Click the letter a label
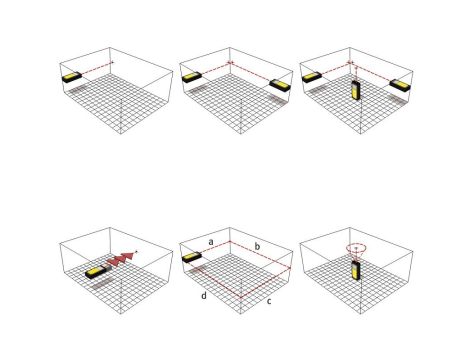click(x=211, y=242)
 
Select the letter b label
click(x=257, y=246)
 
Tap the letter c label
click(x=269, y=301)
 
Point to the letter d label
click(x=204, y=295)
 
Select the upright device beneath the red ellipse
click(x=356, y=270)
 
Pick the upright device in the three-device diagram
click(x=356, y=90)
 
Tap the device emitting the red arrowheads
click(x=97, y=272)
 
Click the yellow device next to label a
click(x=192, y=258)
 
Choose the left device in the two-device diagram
click(x=192, y=77)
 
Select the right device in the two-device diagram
click(x=280, y=84)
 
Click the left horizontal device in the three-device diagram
click(x=312, y=77)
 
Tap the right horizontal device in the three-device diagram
click(x=400, y=84)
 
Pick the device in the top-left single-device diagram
click(x=72, y=77)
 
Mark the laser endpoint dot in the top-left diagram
click(x=113, y=62)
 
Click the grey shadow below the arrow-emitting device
click(x=100, y=285)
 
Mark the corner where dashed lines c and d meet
click(x=241, y=297)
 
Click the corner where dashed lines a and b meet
click(x=230, y=241)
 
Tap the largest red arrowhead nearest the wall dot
click(x=129, y=257)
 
